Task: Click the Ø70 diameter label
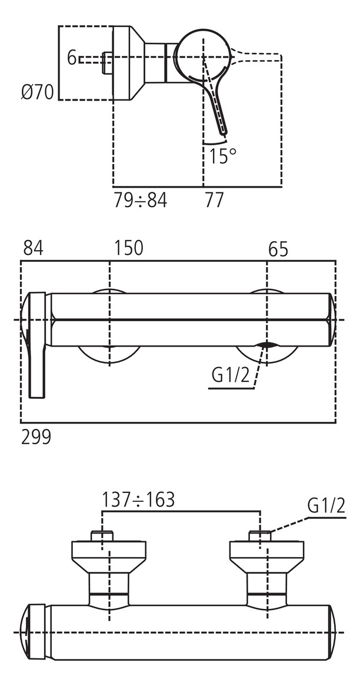pos(37,92)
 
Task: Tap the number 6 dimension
pos(72,58)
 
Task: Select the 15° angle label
pos(222,156)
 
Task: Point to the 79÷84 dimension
pos(140,201)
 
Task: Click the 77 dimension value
pos(214,201)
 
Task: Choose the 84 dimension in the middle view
pos(33,248)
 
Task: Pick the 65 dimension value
pos(278,249)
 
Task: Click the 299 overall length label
pos(36,437)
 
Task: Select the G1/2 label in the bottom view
pos(326,506)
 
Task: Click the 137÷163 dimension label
pos(138,500)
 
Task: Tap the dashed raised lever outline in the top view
pos(259,57)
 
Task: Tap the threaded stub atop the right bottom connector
pos(260,536)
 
